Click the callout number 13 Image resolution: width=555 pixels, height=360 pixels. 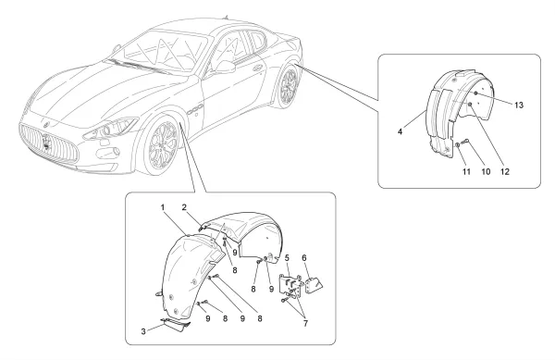tap(519, 106)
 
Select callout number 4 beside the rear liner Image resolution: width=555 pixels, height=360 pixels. tap(400, 131)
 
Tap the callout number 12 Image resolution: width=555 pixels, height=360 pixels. tap(505, 172)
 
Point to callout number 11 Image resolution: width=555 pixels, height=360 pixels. tap(466, 172)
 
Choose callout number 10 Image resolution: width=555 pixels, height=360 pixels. tap(486, 172)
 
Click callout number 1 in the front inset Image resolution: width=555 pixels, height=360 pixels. tap(163, 207)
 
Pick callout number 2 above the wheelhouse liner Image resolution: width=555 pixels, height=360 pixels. tap(184, 207)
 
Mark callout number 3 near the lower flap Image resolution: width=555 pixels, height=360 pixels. tap(143, 331)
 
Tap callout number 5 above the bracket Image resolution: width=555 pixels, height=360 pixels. tap(287, 257)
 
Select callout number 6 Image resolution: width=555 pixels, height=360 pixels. tap(304, 257)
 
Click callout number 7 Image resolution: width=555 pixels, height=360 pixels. tap(305, 323)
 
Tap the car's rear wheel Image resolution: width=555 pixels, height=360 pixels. tap(289, 86)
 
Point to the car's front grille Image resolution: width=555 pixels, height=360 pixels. tap(48, 143)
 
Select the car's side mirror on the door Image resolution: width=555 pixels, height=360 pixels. tap(225, 67)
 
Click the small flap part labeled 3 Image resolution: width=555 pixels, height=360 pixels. tap(176, 324)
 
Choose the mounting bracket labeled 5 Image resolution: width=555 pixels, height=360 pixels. tap(290, 283)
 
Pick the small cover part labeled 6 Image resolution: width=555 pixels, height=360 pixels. tap(314, 285)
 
